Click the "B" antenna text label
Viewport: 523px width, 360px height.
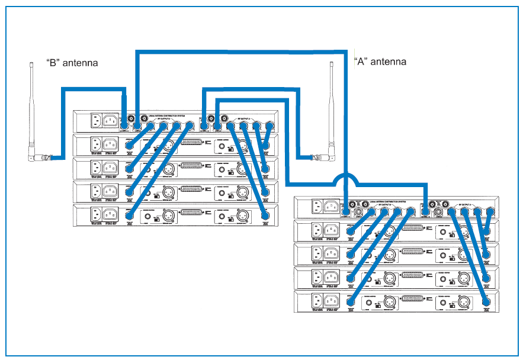coord(72,62)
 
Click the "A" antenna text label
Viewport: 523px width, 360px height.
coord(380,62)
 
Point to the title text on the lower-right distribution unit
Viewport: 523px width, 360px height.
coord(384,201)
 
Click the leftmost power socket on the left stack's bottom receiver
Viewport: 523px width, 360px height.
coord(95,213)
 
